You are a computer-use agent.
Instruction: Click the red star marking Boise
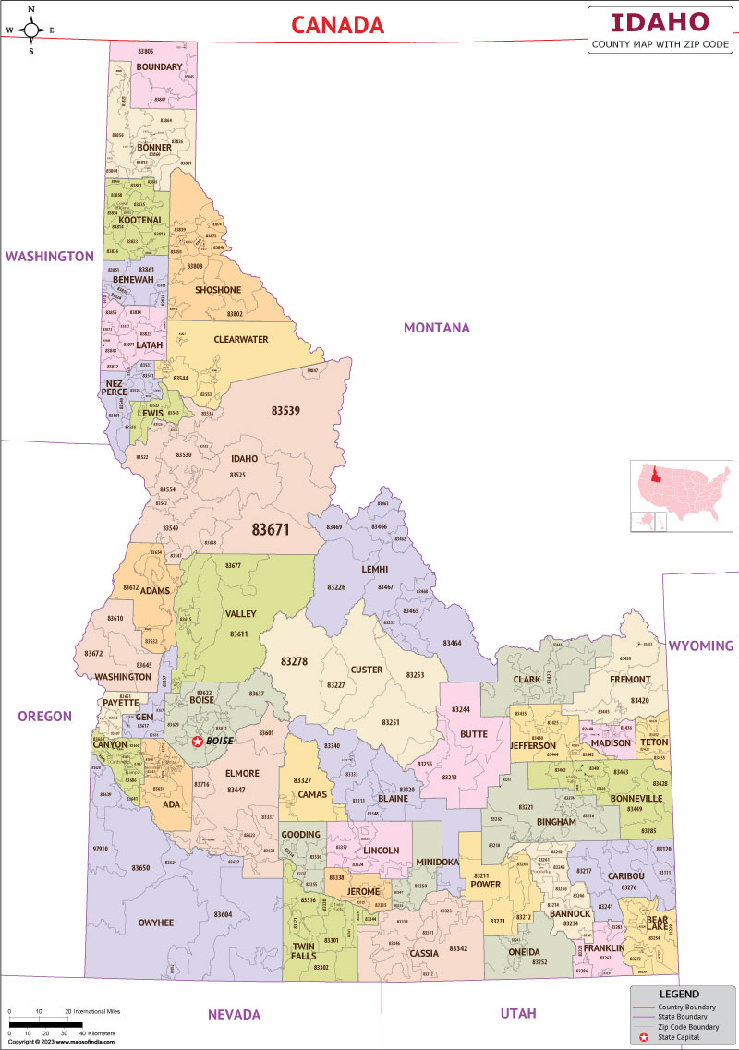[197, 742]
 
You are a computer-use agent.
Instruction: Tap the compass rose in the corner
[31, 29]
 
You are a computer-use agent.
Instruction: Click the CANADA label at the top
[338, 26]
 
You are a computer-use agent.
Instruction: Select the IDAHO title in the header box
[661, 22]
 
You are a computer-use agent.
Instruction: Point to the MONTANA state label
[436, 328]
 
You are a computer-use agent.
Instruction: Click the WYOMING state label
[700, 646]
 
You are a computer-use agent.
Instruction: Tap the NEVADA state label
[234, 1014]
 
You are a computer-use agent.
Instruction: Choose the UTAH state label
[517, 1013]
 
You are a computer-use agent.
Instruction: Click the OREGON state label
[44, 716]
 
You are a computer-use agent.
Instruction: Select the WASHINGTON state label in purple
[50, 256]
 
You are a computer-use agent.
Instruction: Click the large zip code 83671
[271, 530]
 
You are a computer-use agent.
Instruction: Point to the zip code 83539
[285, 410]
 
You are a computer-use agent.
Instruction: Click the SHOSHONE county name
[218, 290]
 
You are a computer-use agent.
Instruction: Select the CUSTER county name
[366, 670]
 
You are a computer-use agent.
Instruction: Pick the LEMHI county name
[374, 570]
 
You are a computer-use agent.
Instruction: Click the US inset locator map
[681, 497]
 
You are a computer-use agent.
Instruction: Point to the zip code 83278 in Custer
[294, 661]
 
